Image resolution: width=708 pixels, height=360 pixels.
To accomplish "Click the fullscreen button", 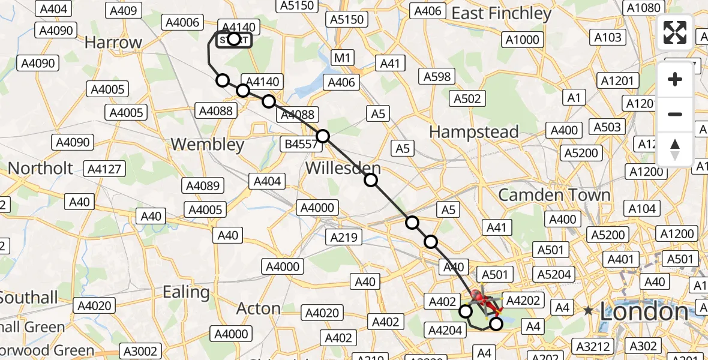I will pos(675,32).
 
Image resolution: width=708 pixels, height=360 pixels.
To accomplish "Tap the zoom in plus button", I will pos(675,80).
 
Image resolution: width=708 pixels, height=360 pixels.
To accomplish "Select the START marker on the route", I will pos(234,40).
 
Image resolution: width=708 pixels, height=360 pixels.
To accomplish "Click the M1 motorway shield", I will pos(342,58).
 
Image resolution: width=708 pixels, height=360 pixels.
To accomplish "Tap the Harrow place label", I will pos(113,43).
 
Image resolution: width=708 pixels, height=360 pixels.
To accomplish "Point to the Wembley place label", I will pos(208,145).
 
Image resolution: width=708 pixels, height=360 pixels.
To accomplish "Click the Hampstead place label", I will pos(474,132).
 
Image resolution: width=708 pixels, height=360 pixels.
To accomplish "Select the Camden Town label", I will pos(554,195).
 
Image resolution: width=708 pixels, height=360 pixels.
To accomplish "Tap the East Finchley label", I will pos(501,13).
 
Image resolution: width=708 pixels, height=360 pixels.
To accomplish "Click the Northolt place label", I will pos(41,169).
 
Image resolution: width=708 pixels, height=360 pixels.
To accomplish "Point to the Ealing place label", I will pos(186,292).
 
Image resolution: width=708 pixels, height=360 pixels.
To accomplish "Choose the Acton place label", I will pos(259,308).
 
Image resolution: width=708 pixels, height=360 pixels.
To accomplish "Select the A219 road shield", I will pos(344,237).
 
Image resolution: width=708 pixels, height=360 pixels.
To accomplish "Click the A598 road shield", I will pos(437,76).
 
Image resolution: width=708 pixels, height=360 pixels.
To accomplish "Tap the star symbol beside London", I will pos(589,311).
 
